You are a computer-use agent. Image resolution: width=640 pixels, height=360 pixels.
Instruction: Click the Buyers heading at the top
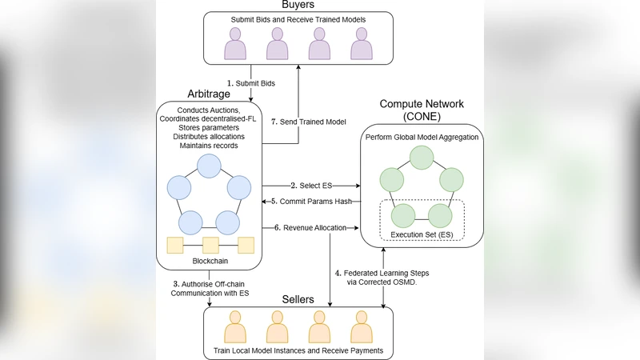tap(298, 5)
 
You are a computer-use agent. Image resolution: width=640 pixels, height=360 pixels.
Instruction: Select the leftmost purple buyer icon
tap(236, 44)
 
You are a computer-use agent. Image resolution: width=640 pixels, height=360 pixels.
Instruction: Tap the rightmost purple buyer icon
tap(361, 44)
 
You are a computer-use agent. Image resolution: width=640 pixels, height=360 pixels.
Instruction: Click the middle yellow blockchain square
tap(211, 245)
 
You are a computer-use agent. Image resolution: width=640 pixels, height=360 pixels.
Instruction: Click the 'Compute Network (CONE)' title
tap(422, 110)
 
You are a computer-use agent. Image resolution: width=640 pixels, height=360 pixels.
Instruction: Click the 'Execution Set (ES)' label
tap(421, 234)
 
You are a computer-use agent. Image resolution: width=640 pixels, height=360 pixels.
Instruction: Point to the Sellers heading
tap(298, 298)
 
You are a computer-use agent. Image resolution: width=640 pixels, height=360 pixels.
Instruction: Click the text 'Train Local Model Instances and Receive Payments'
tap(298, 350)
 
